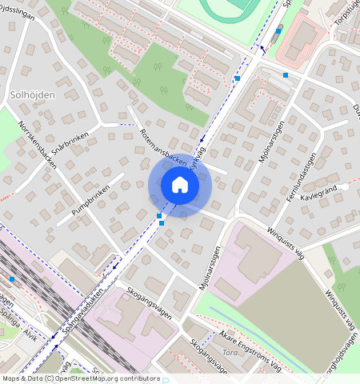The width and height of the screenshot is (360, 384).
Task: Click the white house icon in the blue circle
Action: (180, 186)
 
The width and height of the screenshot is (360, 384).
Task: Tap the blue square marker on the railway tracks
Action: (12, 279)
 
